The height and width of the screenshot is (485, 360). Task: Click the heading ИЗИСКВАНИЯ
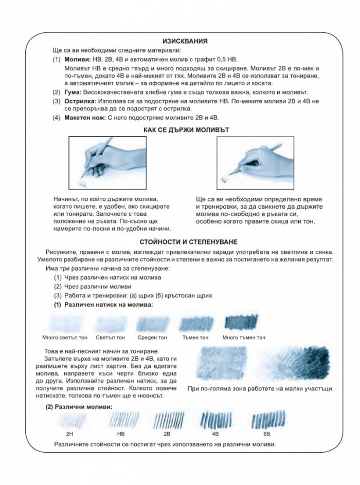(185, 41)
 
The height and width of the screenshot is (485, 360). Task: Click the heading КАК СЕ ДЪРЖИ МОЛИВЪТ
(186, 130)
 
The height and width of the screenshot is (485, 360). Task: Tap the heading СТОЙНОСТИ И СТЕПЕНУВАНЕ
(189, 242)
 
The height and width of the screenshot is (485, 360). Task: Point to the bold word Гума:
(73, 92)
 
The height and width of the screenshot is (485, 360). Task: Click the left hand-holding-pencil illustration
(107, 163)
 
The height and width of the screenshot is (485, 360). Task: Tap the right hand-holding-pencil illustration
(256, 163)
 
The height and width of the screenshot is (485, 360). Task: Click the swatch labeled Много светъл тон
(65, 324)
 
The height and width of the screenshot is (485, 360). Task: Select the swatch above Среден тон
(153, 324)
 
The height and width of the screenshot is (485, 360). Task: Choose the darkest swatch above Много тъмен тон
(241, 322)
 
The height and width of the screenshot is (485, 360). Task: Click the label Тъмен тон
(195, 338)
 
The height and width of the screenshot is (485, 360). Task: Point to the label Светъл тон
(111, 338)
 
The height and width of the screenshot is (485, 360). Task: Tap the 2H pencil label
(69, 434)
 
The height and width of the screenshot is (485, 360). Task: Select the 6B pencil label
(267, 434)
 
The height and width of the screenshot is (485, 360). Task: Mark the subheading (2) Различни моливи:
(79, 407)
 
